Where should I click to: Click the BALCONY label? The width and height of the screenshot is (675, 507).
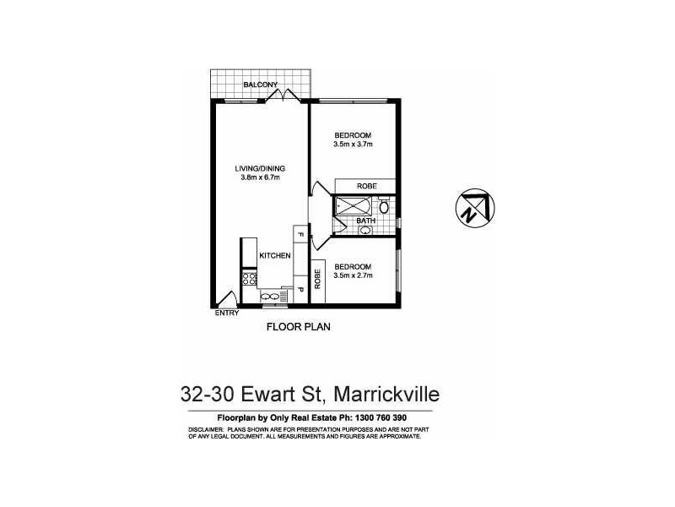coord(260,84)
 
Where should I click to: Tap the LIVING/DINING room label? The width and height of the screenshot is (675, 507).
coord(260,168)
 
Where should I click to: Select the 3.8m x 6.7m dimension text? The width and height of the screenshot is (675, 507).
coord(260,177)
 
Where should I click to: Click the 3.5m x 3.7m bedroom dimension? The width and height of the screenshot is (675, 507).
coord(353,145)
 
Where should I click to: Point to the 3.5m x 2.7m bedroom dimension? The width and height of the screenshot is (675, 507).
coord(353,275)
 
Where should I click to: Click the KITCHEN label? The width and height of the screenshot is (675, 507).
coord(275,255)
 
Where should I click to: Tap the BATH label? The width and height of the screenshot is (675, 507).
coord(365,221)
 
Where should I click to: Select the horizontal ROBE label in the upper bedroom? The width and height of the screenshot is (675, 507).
coord(366,186)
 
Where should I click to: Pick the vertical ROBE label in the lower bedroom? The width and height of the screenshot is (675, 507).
coord(318,279)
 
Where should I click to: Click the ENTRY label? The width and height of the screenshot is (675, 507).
coord(227,313)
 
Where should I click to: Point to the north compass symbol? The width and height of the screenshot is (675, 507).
coord(470,205)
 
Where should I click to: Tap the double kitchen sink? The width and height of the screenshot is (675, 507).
coord(272,296)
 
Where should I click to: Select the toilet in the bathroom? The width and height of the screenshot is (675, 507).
coord(384,205)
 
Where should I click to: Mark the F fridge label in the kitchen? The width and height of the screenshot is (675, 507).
coord(299,233)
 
